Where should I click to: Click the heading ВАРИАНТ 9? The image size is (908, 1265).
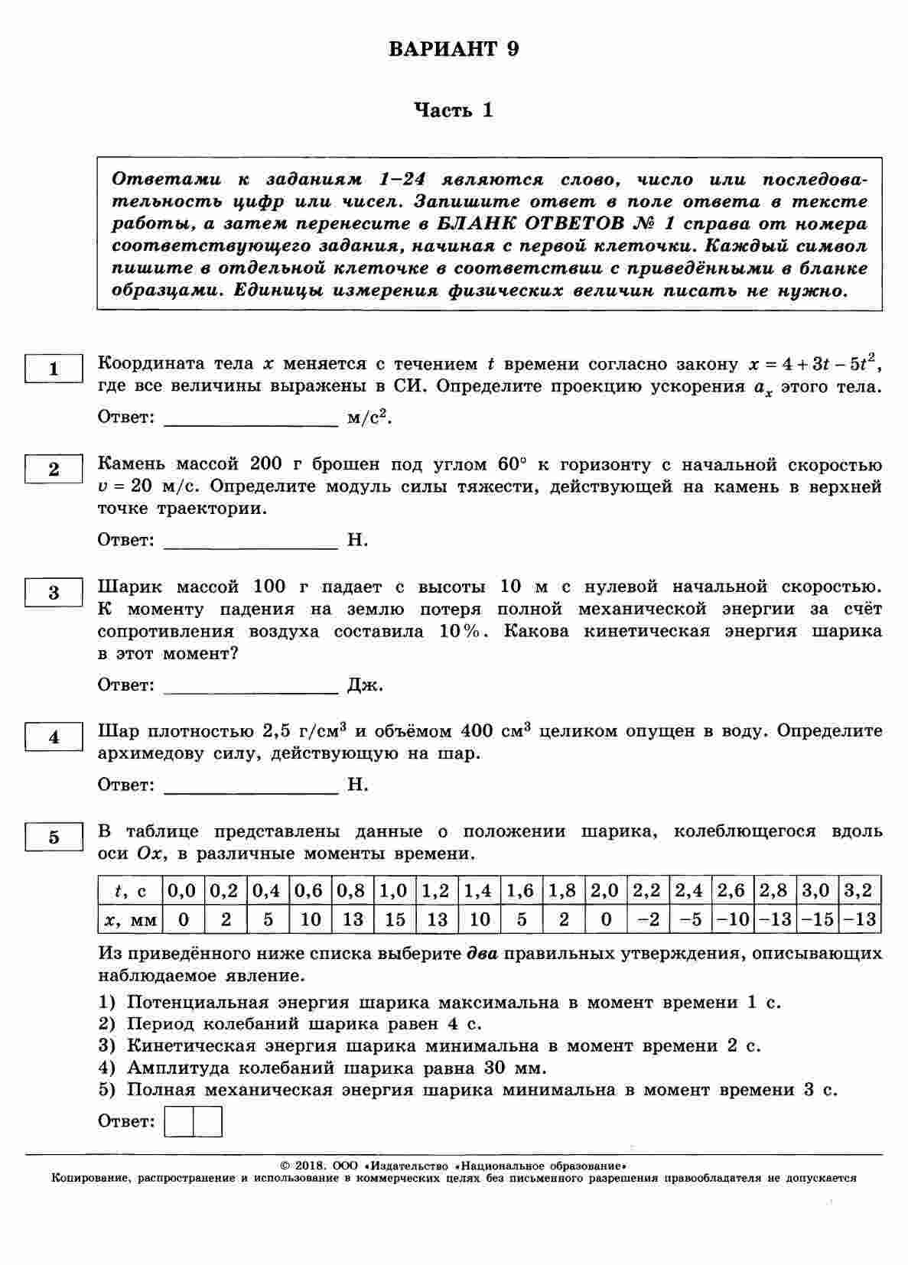pos(454,50)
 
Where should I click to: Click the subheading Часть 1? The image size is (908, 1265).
pos(454,111)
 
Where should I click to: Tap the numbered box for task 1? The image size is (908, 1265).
pos(54,369)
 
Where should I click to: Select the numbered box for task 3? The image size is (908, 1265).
pos(54,593)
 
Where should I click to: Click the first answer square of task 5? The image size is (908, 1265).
pos(179,1122)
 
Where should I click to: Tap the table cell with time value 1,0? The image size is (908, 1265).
pos(394,891)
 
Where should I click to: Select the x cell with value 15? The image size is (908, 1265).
pos(395,919)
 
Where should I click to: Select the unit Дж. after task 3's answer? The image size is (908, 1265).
pos(365,685)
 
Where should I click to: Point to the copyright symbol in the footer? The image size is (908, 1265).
pos(285,1166)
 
